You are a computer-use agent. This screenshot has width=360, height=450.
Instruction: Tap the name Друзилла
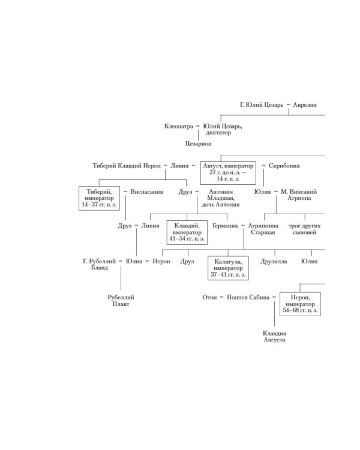274,261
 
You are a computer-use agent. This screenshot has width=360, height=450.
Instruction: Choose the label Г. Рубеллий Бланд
100,265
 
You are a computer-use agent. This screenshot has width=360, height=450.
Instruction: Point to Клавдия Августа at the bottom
277,336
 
